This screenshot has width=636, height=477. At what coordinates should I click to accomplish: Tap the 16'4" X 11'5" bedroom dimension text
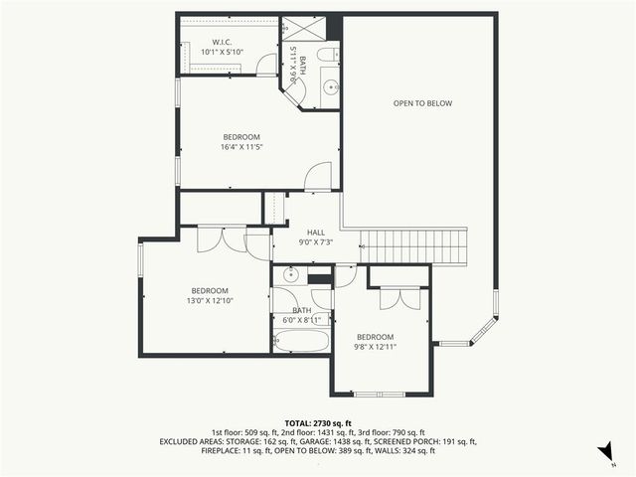[241, 146]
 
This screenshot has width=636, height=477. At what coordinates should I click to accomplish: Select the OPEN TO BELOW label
[422, 102]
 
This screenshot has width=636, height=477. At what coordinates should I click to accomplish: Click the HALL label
[315, 233]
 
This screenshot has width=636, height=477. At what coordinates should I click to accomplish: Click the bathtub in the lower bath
[301, 341]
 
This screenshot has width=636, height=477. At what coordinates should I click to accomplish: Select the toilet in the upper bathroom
[327, 55]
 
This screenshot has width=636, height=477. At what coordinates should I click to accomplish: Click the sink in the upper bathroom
[331, 89]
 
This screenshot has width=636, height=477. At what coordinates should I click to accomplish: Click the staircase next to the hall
[413, 245]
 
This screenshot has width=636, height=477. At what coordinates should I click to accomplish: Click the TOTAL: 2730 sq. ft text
[318, 423]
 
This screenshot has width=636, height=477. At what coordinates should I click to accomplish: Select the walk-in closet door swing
[265, 65]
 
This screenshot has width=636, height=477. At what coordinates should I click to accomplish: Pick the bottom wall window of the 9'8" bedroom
[379, 395]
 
